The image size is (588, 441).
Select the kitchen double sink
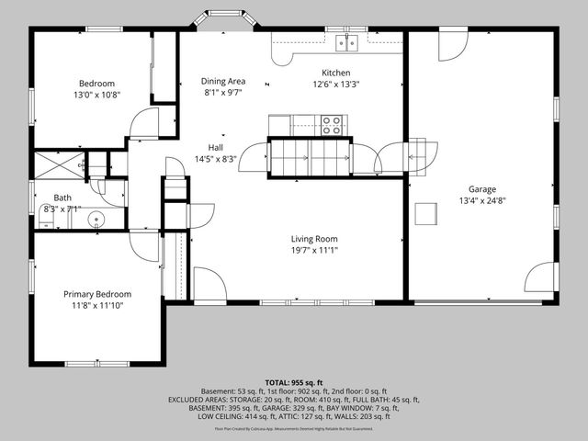point(346,42)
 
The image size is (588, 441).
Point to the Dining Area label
point(224,81)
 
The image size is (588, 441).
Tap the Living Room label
point(314,239)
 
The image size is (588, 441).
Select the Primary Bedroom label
point(96,294)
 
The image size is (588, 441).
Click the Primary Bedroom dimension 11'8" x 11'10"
point(96,305)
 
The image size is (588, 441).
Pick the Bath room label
point(62,198)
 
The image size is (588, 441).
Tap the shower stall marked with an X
point(59,165)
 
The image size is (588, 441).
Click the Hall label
point(215,147)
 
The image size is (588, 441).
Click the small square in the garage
point(425,213)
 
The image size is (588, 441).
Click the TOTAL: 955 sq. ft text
point(294,381)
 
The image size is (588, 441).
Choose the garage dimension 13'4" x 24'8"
point(481,201)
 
